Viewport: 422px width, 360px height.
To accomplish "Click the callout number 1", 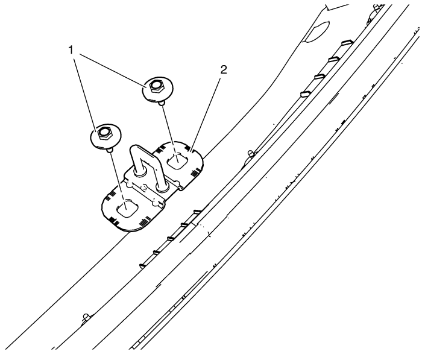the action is [71, 50].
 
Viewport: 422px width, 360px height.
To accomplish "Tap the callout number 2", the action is [223, 70].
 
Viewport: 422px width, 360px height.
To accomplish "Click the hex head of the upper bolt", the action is [154, 86].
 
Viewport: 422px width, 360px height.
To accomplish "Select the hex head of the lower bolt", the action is [102, 133].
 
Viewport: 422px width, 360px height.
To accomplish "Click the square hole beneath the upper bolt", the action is [177, 160].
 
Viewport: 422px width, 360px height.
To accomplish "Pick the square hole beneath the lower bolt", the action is [128, 208].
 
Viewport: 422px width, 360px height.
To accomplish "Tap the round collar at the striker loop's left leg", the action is [139, 172].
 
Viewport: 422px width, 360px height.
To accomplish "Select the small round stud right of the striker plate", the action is [251, 154].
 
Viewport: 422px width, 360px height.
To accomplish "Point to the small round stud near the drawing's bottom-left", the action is [86, 317].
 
